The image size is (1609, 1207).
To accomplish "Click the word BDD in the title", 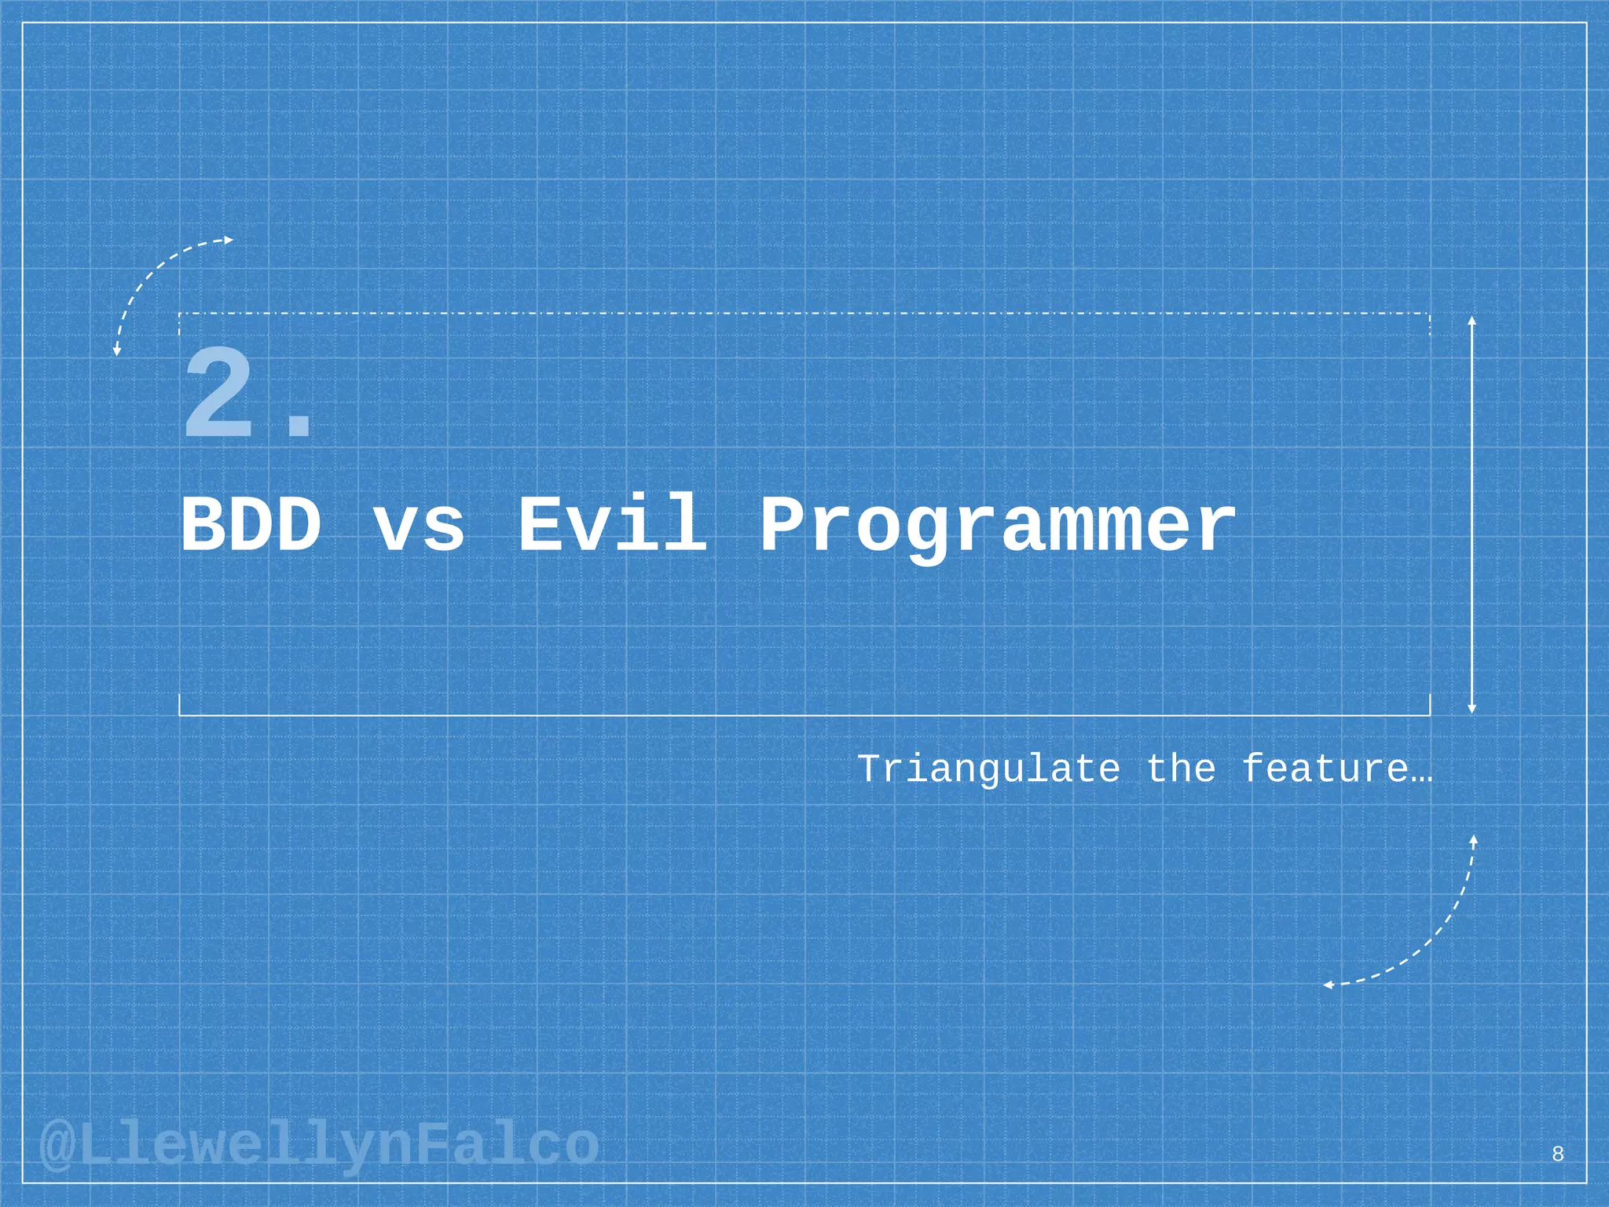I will [251, 524].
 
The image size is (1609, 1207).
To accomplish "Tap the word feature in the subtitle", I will [1325, 768].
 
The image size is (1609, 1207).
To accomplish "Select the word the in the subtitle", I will [1181, 768].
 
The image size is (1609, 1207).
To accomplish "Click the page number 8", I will [1558, 1154].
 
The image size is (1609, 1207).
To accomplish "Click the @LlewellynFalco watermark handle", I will [319, 1146].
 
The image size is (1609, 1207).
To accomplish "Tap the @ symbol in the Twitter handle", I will [57, 1146].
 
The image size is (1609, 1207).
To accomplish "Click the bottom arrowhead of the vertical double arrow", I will [1472, 709].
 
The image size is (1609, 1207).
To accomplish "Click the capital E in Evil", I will [541, 523].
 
